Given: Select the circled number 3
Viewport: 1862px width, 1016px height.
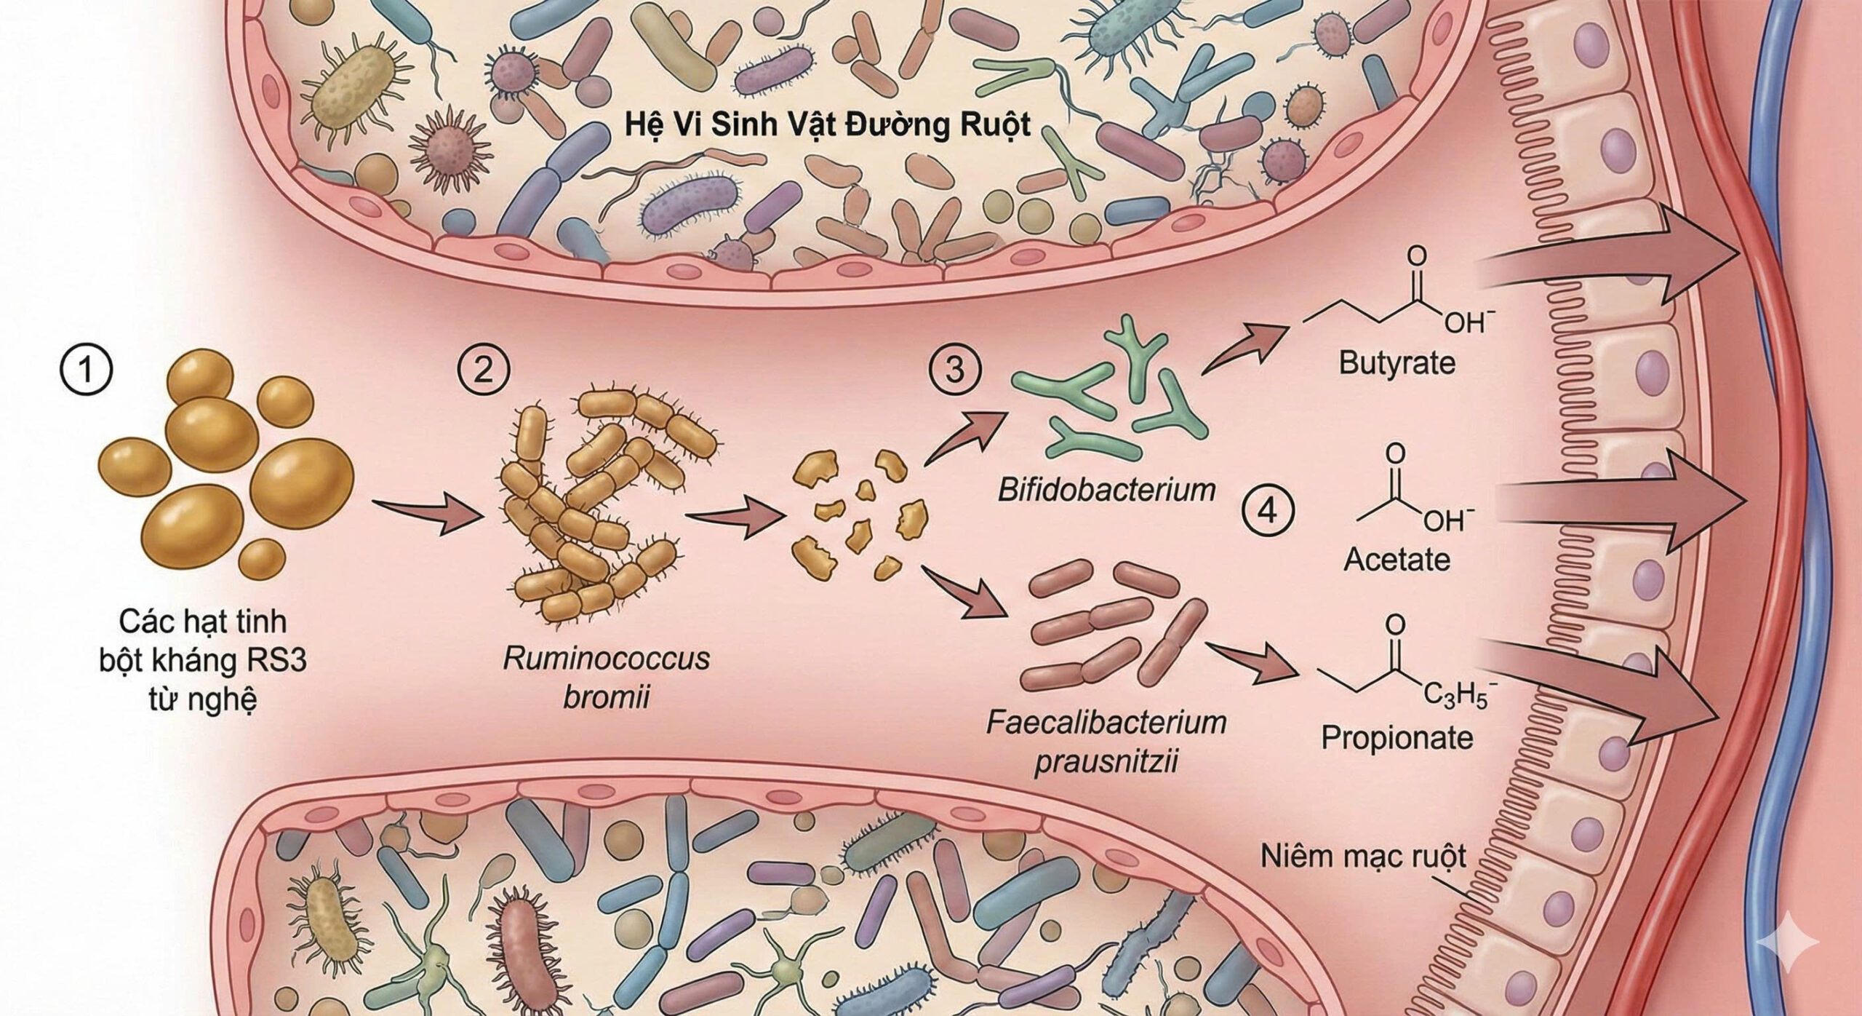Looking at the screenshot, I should pyautogui.click(x=954, y=370).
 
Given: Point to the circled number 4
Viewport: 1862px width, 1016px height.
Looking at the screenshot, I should pyautogui.click(x=1267, y=512).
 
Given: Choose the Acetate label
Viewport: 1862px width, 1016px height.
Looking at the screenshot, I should pyautogui.click(x=1396, y=560).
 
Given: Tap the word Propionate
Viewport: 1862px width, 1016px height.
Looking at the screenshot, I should pyautogui.click(x=1396, y=738).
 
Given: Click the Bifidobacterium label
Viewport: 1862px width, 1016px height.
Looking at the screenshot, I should pyautogui.click(x=1106, y=489).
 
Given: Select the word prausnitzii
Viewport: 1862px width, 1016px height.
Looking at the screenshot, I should pyautogui.click(x=1106, y=763).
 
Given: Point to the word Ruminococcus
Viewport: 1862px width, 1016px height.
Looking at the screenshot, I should pyautogui.click(x=606, y=659).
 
